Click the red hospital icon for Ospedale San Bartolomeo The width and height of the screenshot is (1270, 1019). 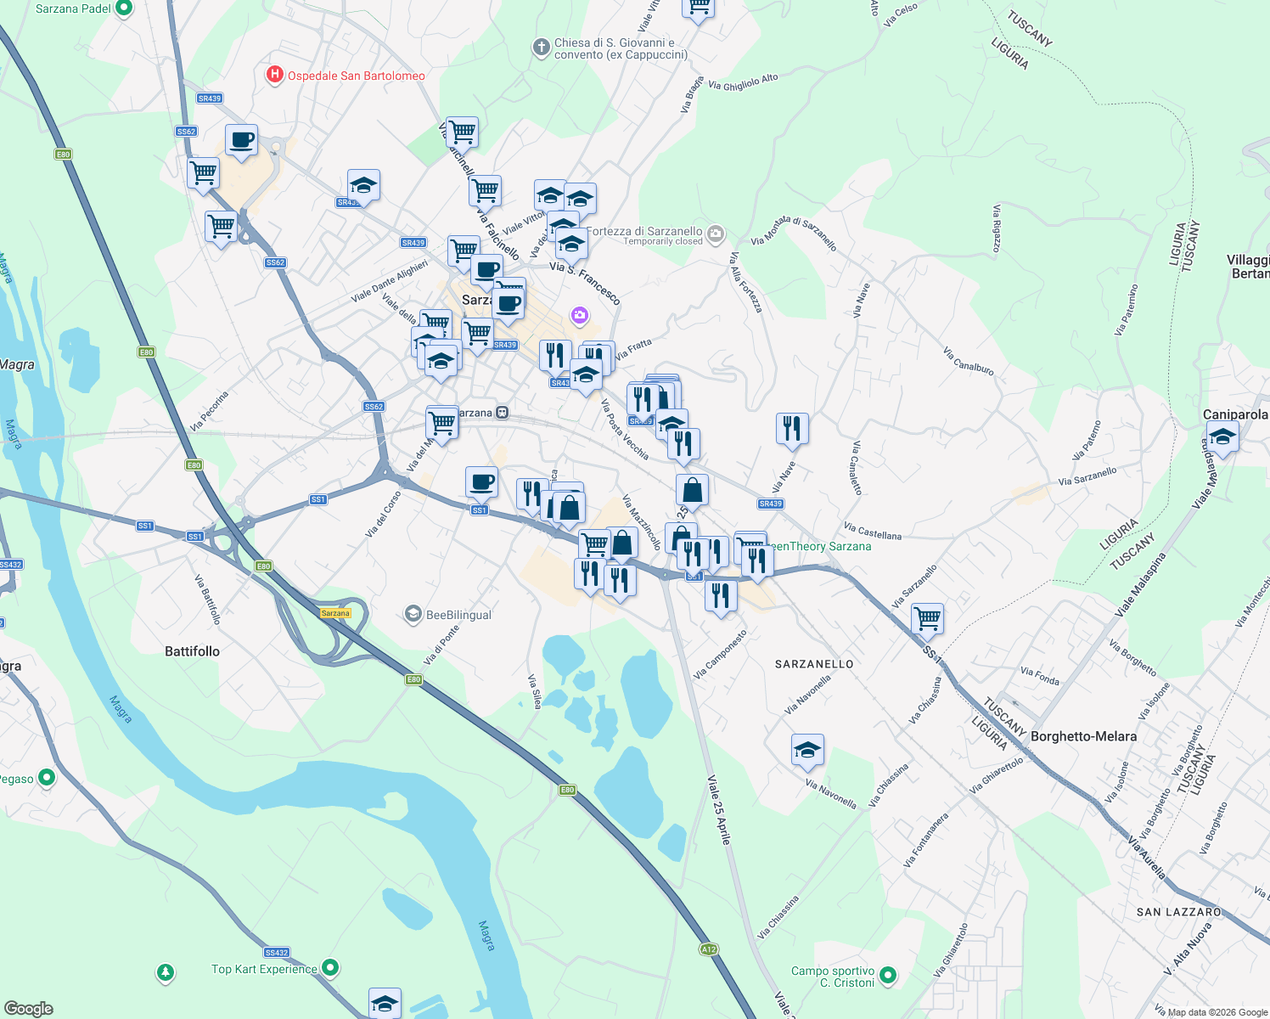click(274, 76)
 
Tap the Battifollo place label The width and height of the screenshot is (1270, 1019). click(192, 651)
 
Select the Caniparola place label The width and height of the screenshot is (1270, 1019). click(1235, 414)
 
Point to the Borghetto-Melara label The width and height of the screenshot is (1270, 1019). click(1083, 736)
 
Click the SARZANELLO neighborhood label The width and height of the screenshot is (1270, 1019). click(814, 664)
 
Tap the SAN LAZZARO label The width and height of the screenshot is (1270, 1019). click(1178, 912)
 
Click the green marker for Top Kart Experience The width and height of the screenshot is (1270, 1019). click(331, 968)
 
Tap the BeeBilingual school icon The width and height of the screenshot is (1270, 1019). click(413, 614)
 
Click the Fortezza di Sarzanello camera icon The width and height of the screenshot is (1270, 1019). click(716, 233)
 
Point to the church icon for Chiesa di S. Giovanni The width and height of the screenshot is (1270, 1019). click(541, 48)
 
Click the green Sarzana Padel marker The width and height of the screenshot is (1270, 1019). click(124, 8)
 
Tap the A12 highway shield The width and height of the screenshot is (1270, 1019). click(709, 949)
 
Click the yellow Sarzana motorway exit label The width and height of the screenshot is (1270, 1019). click(335, 613)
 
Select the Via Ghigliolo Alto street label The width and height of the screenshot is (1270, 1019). click(743, 82)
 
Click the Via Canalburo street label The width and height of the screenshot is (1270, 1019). click(968, 361)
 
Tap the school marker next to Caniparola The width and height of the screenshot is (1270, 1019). click(1222, 438)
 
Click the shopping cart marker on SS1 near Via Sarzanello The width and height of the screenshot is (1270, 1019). click(927, 617)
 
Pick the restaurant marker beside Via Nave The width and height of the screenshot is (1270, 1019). click(792, 429)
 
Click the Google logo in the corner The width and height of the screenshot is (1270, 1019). click(28, 1009)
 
